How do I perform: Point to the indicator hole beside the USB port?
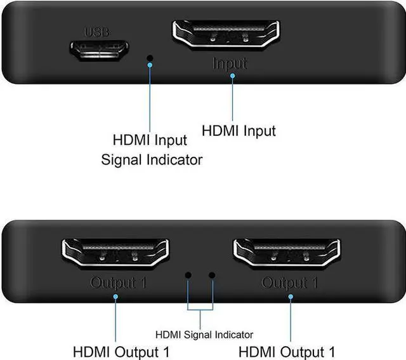coord(150,59)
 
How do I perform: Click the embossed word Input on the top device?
coord(230,64)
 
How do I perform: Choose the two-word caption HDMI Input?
coord(239,131)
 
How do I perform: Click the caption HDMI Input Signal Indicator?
coord(152,149)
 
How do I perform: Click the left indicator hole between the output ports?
coord(188,276)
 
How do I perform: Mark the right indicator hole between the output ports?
coord(212,276)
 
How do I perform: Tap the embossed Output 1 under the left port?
coord(118,282)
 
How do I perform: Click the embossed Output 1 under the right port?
coord(290,282)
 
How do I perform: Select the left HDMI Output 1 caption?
coord(122,351)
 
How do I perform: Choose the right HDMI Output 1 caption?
coord(286,351)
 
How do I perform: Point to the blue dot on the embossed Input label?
coord(233,76)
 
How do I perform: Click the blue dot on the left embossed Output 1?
coord(117,292)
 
